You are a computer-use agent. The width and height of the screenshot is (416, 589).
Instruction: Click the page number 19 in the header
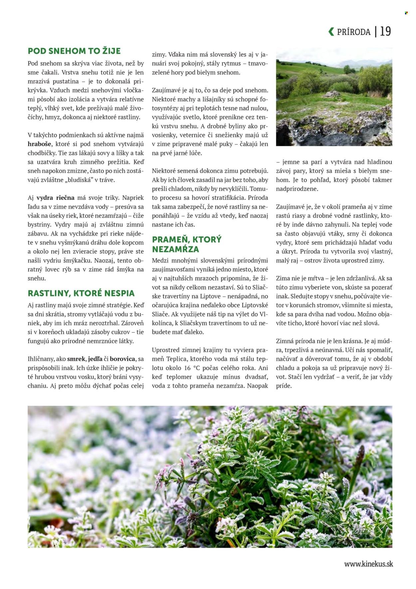[385, 31]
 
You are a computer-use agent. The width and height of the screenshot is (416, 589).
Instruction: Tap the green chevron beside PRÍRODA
[331, 32]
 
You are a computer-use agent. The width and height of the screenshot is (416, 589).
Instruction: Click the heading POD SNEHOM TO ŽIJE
[74, 51]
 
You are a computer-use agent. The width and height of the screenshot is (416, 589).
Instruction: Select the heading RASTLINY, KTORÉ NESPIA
[81, 293]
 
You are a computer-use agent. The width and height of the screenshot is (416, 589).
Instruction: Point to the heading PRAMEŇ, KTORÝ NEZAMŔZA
[186, 244]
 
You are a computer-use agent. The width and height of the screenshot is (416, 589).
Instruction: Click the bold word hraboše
[40, 144]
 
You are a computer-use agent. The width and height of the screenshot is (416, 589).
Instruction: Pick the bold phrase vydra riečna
[55, 198]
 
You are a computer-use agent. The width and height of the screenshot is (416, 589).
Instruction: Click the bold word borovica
[122, 359]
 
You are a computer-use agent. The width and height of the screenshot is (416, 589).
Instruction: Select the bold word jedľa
[95, 359]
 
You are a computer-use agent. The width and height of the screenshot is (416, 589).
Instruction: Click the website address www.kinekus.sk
[368, 564]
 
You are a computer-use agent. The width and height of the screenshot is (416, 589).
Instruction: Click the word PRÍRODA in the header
[353, 32]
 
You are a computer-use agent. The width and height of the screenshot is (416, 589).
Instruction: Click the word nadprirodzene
[297, 189]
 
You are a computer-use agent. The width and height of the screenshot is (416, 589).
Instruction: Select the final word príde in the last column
[284, 386]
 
